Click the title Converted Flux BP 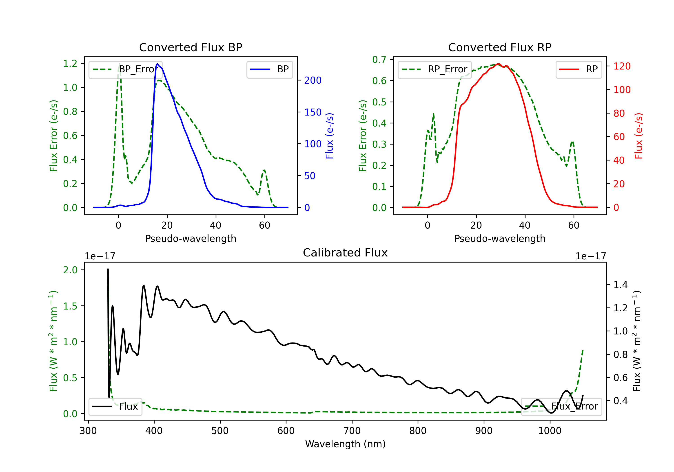pyautogui.click(x=191, y=47)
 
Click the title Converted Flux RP pyautogui.click(x=500, y=47)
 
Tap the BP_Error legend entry pyautogui.click(x=125, y=69)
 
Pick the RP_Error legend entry pyautogui.click(x=435, y=69)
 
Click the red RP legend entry pyautogui.click(x=579, y=69)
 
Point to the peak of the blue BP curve pyautogui.click(x=157, y=64)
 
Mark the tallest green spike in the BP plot pyautogui.click(x=119, y=64)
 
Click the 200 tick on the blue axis pyautogui.click(x=313, y=80)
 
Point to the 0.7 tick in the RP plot pyautogui.click(x=379, y=60)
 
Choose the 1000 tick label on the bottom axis pyautogui.click(x=550, y=431)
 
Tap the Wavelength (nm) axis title pyautogui.click(x=345, y=444)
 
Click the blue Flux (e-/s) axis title pyautogui.click(x=329, y=136)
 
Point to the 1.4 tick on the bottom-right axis pyautogui.click(x=620, y=285)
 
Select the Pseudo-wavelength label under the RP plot pyautogui.click(x=500, y=238)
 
